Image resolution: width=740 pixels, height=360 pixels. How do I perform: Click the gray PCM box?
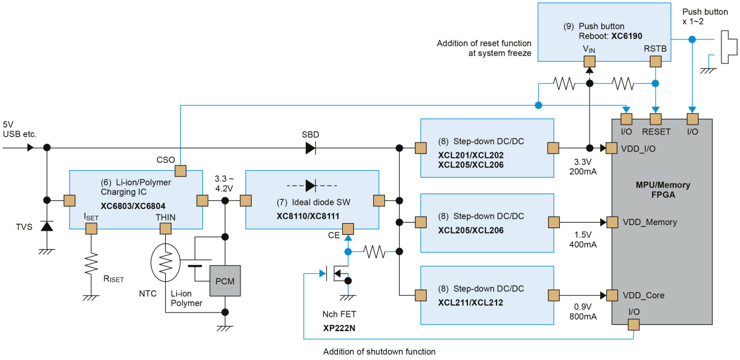click(225, 280)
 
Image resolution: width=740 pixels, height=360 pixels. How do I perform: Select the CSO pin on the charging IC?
click(180, 171)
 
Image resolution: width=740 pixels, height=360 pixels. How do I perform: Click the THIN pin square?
click(165, 229)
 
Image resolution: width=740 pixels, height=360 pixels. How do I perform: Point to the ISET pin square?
click(91, 229)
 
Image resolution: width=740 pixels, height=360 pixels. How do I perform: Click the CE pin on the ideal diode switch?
click(348, 229)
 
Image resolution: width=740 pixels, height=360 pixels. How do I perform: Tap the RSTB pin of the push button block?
click(656, 62)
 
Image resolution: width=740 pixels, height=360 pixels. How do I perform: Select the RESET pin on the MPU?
click(656, 119)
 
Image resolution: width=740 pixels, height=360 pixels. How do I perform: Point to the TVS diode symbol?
click(47, 226)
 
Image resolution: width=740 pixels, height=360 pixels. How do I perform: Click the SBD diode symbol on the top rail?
click(311, 148)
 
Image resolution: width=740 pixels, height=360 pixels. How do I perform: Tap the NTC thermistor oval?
click(165, 263)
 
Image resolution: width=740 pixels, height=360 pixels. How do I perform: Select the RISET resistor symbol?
click(91, 264)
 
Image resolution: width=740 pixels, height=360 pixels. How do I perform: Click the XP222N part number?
click(339, 328)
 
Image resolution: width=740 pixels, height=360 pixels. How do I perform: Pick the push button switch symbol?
click(728, 47)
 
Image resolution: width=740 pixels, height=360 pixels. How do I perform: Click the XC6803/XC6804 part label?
click(133, 206)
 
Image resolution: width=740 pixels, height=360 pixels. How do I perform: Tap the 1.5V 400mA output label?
click(583, 239)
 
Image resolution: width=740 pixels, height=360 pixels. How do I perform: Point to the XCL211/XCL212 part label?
click(471, 303)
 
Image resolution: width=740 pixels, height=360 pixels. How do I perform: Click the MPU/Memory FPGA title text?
click(663, 190)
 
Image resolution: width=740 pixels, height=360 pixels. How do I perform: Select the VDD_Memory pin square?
click(612, 223)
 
